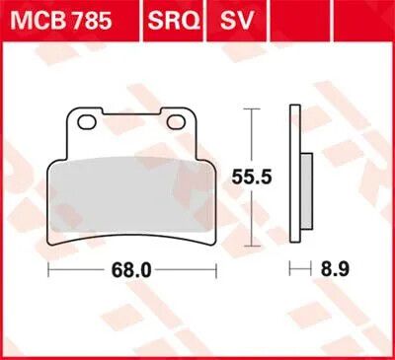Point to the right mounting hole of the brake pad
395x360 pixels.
tap(179, 121)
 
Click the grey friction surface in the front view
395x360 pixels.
tap(132, 188)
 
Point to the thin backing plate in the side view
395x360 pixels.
tap(296, 178)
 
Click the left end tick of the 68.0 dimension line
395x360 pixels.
tap(49, 269)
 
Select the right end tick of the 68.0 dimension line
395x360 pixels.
tap(215, 269)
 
